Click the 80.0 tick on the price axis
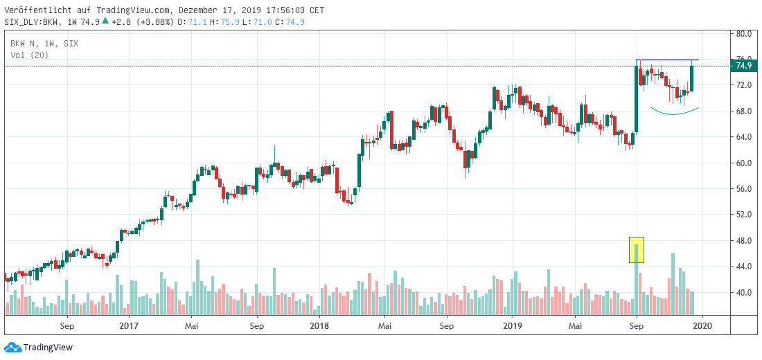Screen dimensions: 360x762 (744, 33)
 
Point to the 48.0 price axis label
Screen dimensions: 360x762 (744, 241)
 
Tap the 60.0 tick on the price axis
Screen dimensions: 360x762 (744, 163)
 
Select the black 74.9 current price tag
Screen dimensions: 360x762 (744, 66)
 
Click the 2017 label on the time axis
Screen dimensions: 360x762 (129, 325)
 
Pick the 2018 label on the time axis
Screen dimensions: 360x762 (320, 325)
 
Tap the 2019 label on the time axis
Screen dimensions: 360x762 (512, 325)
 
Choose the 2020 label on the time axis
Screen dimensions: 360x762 (702, 325)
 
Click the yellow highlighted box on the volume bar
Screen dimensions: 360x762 (637, 250)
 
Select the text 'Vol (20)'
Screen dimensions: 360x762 (29, 55)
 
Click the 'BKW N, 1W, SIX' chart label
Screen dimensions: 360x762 (44, 44)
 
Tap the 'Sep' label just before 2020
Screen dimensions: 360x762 (637, 325)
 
